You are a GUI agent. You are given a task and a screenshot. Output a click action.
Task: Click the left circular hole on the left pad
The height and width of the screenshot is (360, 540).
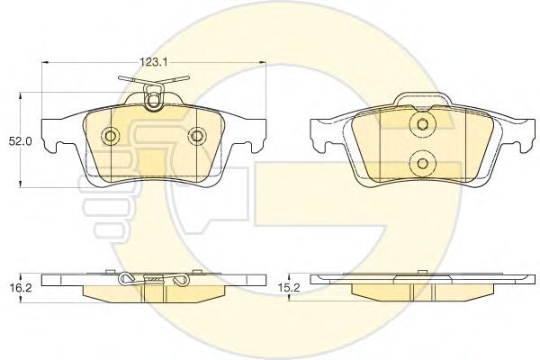tap(111, 136)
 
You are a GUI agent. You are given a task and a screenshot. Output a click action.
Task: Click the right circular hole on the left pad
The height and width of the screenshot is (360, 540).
tap(196, 136)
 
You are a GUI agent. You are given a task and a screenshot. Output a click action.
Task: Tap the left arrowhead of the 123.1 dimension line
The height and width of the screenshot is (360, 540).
tap(45, 62)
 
